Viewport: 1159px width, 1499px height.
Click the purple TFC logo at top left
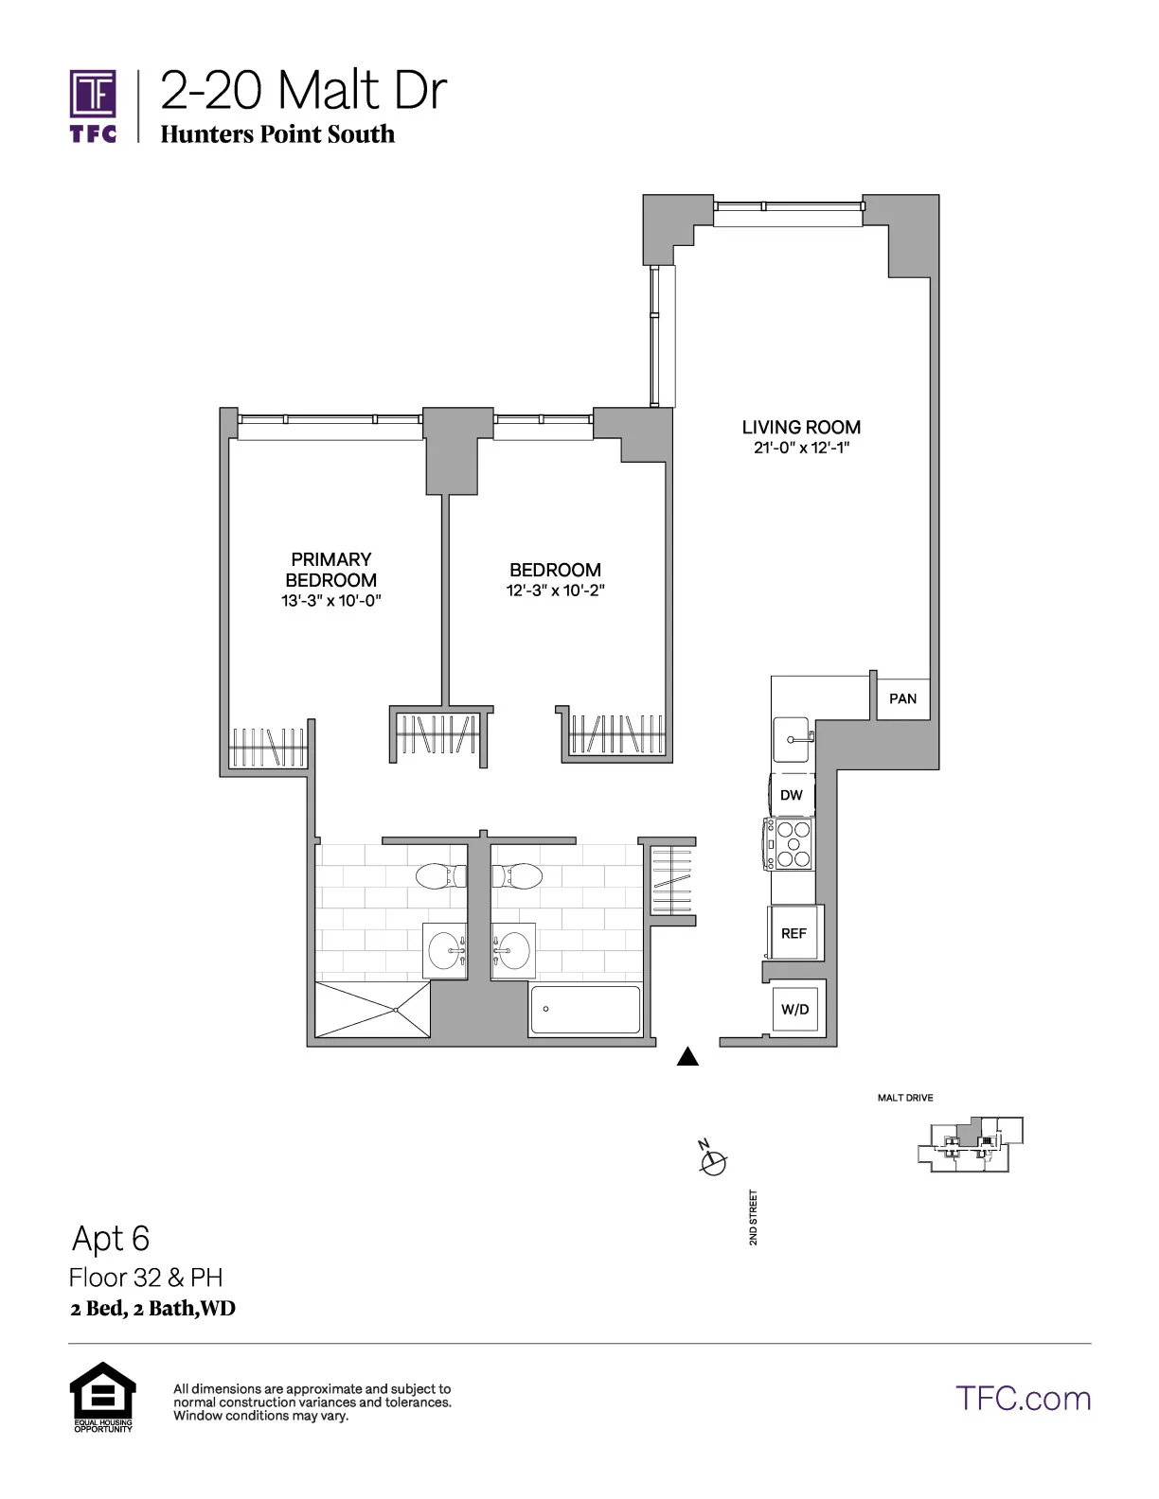coord(93,104)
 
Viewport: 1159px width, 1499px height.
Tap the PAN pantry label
coord(902,698)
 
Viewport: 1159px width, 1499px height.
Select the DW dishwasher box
coord(791,795)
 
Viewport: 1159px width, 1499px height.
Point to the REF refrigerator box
coord(793,933)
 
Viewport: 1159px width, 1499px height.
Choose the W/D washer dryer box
coord(795,1009)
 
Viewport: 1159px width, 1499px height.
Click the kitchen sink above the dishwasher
coord(793,738)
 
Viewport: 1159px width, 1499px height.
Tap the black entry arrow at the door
coord(688,1057)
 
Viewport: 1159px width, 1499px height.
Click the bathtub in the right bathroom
coord(584,1010)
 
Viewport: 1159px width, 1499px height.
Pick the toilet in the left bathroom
coord(441,875)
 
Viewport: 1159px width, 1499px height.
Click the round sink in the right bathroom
coord(513,950)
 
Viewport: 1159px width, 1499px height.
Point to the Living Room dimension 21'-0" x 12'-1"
coord(801,449)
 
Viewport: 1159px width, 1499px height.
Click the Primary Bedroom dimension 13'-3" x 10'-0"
coord(330,601)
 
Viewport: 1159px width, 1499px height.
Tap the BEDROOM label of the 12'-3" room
coord(555,570)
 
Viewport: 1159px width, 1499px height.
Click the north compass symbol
coord(713,1160)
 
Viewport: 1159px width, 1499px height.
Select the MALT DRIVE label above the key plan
coord(905,1098)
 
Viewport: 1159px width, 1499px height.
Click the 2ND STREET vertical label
coord(754,1217)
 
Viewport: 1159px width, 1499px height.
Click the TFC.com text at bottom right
coord(1023,1398)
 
